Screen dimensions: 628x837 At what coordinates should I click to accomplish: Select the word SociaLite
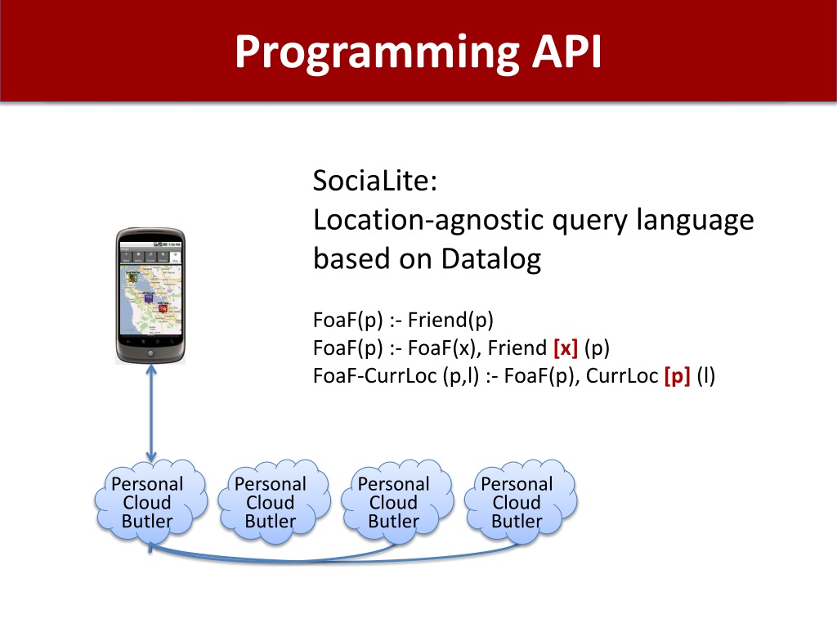[x=375, y=181]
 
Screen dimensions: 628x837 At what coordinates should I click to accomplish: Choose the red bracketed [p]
[x=678, y=377]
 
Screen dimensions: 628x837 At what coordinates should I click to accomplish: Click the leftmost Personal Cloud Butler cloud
[x=148, y=501]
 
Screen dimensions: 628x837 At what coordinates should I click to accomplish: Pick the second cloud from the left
[x=271, y=501]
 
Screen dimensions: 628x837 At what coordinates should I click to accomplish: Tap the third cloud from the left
[x=393, y=501]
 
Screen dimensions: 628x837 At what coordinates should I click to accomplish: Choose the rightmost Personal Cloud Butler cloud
[x=517, y=501]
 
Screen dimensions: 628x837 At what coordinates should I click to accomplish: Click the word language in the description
[x=695, y=220]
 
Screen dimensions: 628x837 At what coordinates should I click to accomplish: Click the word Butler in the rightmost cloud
[x=517, y=521]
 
